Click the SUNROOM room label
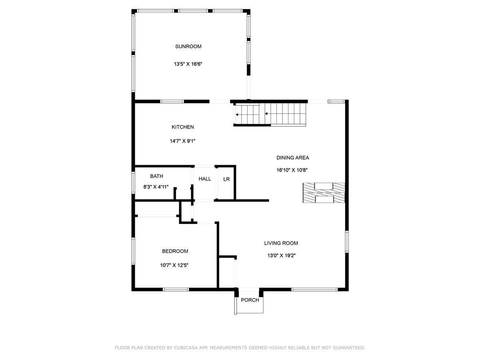tap(188, 46)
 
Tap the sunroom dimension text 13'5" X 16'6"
tap(188, 64)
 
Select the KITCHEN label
tap(182, 127)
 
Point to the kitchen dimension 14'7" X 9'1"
tap(182, 141)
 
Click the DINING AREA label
tap(292, 158)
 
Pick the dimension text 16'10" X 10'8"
tap(292, 170)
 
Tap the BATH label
tap(156, 176)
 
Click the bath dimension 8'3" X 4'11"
tap(156, 186)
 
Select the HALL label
tap(205, 179)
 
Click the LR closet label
tap(226, 179)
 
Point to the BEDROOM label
tap(175, 251)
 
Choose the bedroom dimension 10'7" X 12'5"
tap(175, 265)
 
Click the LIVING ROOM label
tap(281, 243)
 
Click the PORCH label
tap(250, 300)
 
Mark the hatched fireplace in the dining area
tap(324, 192)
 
